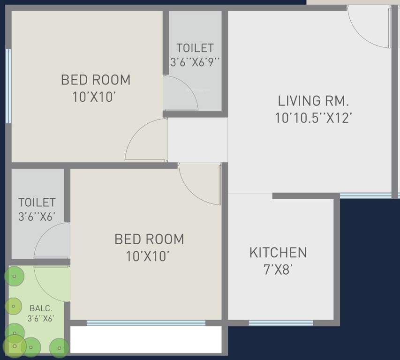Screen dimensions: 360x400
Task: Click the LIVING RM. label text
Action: [313, 101]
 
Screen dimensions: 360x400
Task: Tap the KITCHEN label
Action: [278, 253]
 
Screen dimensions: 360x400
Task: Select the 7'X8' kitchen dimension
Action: [278, 270]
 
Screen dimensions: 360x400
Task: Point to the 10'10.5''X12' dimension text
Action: [313, 118]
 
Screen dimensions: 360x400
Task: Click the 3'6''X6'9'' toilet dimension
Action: [195, 61]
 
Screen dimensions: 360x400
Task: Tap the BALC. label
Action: [41, 308]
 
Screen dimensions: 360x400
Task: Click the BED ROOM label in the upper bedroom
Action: [96, 80]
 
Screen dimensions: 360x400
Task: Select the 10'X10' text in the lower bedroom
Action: [147, 256]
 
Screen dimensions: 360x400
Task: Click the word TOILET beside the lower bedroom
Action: [37, 202]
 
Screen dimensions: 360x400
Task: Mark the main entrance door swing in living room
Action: [369, 28]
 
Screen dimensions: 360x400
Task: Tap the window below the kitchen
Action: [280, 323]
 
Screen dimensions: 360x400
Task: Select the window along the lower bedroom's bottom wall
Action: [146, 323]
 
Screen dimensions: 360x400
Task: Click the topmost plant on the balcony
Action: [14, 277]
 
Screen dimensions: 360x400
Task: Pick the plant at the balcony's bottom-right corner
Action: [59, 347]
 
